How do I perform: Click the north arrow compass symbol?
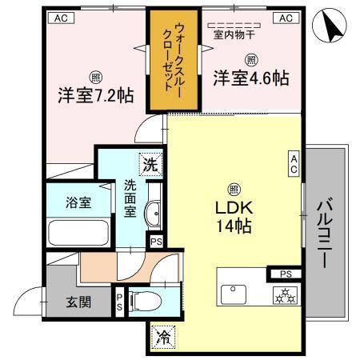[334, 28]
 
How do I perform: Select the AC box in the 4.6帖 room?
[285, 17]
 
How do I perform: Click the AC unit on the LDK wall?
[294, 165]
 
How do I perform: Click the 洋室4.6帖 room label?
[250, 78]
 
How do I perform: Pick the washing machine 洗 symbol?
[150, 165]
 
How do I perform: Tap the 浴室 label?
[78, 202]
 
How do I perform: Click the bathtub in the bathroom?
[79, 232]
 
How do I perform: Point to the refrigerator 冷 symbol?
[162, 337]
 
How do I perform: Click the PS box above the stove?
[286, 274]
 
